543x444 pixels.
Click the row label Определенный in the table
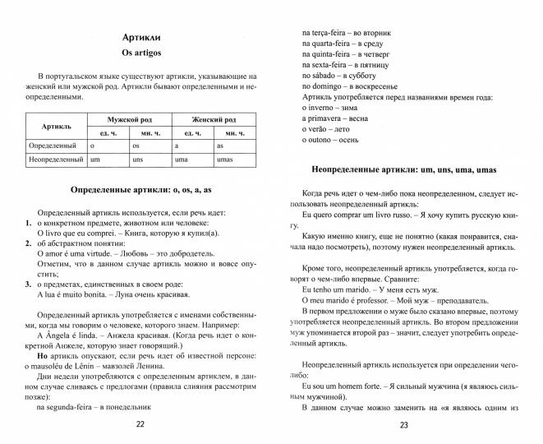(51, 145)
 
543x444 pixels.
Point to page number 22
(139, 424)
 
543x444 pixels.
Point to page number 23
(403, 424)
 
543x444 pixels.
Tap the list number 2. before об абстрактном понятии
(28, 244)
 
